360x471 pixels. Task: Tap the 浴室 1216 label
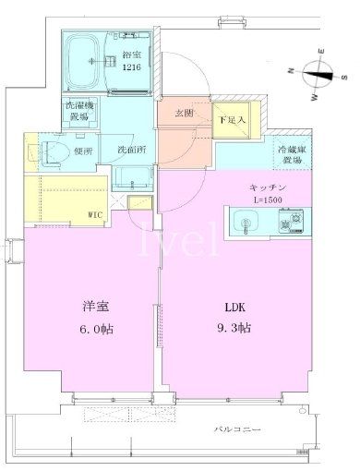point(134,61)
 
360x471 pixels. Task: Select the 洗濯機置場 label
point(78,111)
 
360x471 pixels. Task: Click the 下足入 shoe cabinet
point(232,118)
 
